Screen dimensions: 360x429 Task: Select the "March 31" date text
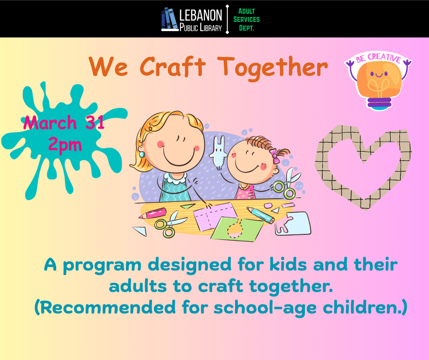(64, 122)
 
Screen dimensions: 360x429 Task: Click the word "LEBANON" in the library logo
(201, 15)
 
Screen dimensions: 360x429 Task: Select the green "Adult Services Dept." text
(246, 19)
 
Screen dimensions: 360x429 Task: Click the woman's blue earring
(142, 154)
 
